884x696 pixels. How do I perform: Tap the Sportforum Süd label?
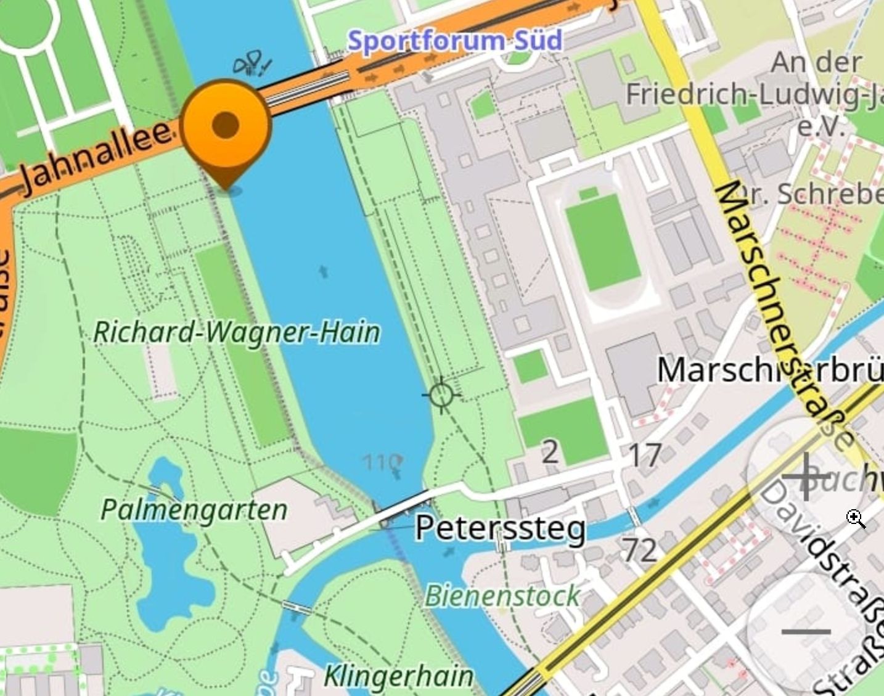[x=455, y=41]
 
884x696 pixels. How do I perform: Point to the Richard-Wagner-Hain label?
[x=236, y=332]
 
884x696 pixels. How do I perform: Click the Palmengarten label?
[x=194, y=510]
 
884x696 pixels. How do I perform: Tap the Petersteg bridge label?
[x=500, y=528]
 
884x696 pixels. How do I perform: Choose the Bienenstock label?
[x=502, y=596]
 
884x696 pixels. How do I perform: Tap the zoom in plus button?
[x=806, y=477]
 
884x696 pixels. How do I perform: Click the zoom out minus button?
[x=806, y=631]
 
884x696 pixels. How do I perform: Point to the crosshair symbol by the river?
[x=441, y=394]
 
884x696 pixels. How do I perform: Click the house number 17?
[x=644, y=456]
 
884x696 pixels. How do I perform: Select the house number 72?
[x=639, y=549]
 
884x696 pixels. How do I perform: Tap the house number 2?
[x=550, y=453]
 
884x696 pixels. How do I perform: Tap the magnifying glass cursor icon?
[x=856, y=518]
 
